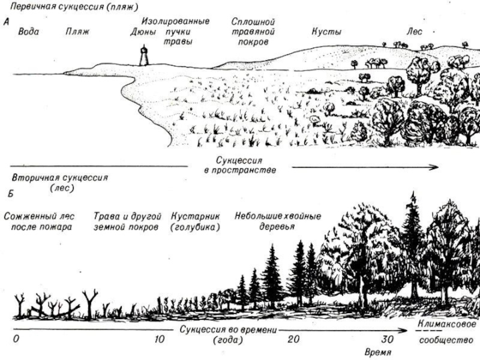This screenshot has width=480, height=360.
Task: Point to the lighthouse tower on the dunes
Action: tap(143, 56)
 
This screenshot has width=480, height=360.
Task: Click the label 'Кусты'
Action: tap(326, 31)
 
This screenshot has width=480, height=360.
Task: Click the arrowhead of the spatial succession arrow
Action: tap(436, 168)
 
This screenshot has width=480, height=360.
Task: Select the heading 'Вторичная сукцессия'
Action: tap(60, 178)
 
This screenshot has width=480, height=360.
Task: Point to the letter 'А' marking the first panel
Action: tap(6, 22)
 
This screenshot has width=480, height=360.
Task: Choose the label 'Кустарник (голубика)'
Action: tap(196, 221)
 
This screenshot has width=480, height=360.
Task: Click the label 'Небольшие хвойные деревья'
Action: tap(278, 221)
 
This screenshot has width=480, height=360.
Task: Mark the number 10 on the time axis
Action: tap(159, 339)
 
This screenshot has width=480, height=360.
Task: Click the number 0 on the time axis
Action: tap(16, 339)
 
